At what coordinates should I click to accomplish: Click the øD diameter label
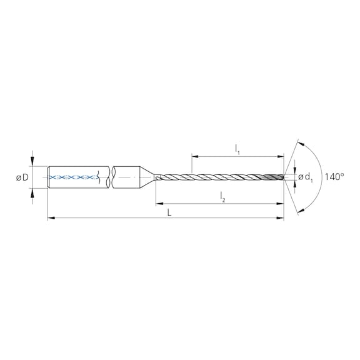22,177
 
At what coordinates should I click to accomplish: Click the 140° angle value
334,177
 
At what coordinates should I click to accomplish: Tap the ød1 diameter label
306,177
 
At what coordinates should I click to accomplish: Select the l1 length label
237,150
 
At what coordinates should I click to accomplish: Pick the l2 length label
222,197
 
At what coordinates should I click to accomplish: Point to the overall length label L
169,213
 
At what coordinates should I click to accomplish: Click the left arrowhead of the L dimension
51,218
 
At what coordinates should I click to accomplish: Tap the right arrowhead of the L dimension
281,218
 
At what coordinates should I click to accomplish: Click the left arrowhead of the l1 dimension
195,157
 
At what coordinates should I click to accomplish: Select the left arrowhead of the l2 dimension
159,203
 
